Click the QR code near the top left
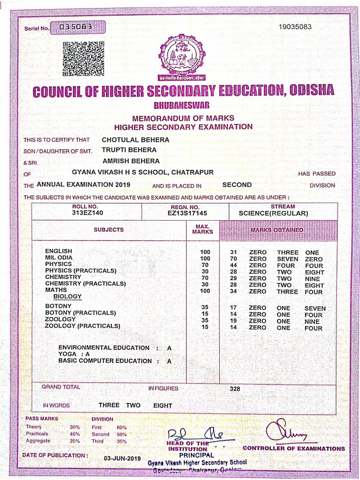(83, 59)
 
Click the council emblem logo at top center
(181, 57)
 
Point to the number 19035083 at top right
(294, 27)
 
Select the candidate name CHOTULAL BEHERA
(135, 140)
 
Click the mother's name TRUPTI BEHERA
(129, 150)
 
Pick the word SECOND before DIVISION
(237, 185)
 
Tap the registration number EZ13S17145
(187, 213)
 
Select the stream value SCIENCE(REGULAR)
(273, 213)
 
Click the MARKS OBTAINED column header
(277, 230)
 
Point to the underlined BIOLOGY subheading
(67, 297)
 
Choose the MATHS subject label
(56, 290)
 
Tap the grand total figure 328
(235, 389)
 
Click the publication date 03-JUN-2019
(122, 458)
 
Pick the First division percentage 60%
(121, 427)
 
